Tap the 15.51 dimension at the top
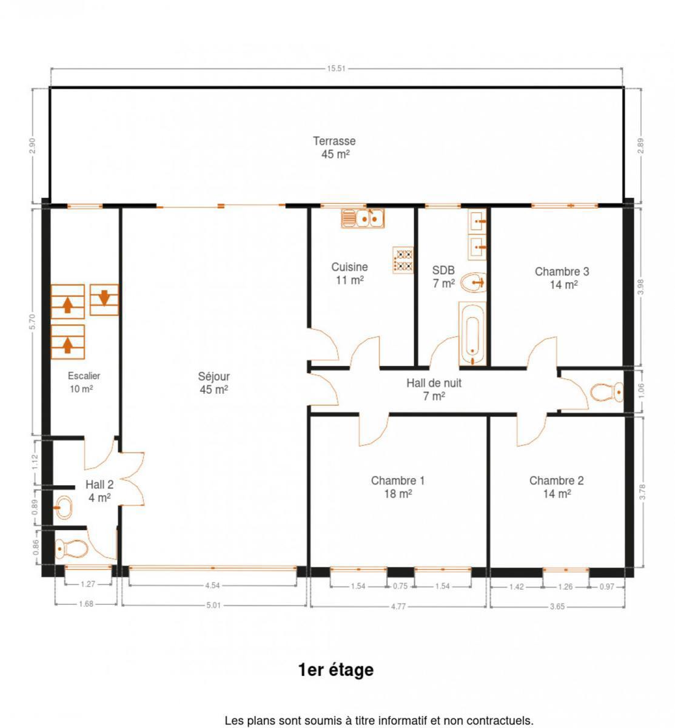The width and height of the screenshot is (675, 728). coord(336,69)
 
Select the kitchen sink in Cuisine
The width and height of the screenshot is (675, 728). coord(363,218)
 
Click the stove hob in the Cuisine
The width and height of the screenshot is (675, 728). coord(403,260)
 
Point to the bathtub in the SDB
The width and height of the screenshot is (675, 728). coord(472,334)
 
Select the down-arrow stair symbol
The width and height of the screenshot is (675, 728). coord(104,300)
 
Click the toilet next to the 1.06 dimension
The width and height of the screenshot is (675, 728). coord(606,393)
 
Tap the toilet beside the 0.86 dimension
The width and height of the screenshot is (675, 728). coord(72,549)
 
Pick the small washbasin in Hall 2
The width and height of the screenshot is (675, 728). coord(63,507)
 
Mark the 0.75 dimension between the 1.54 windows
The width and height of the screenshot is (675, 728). coord(400,586)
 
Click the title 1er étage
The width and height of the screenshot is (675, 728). coord(336,670)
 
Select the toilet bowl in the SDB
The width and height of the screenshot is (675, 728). coord(473,283)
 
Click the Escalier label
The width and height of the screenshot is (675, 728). coord(84,376)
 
